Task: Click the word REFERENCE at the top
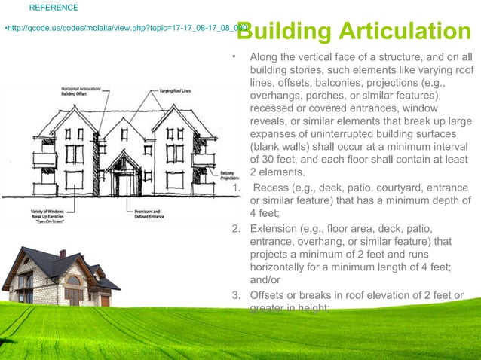53,8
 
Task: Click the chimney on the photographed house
63,255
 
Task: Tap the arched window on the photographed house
73,280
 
